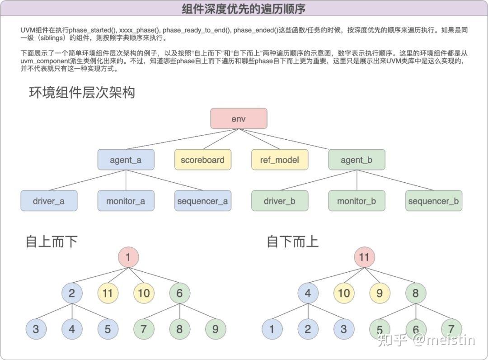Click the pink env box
point(239,119)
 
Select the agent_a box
point(126,160)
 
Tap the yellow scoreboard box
point(202,160)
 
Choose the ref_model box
point(280,160)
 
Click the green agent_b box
point(357,160)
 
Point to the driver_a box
point(49,201)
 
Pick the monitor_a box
point(126,201)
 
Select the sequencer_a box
point(202,201)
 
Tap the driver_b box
point(280,201)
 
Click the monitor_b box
point(357,201)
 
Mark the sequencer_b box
point(433,201)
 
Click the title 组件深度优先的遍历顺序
point(244,9)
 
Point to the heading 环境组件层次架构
point(82,93)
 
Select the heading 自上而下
point(52,241)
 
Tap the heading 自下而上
point(293,241)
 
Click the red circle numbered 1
point(128,257)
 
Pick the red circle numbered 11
point(364,257)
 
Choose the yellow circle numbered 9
point(380,293)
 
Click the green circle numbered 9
point(215,329)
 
